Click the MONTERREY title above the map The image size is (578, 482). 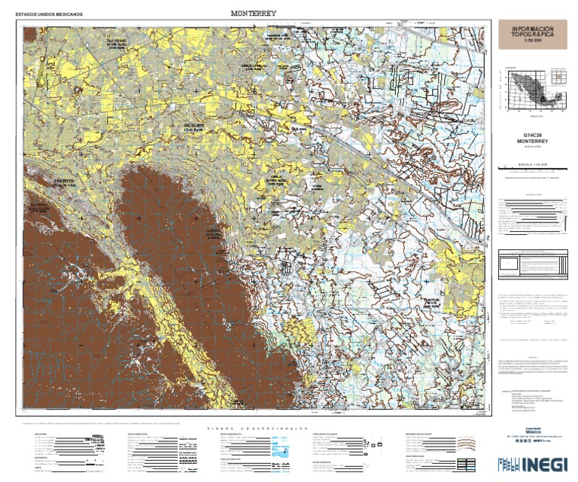254,14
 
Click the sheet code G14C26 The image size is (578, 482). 532,136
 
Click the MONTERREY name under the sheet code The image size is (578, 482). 532,142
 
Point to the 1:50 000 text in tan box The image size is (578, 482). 532,42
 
